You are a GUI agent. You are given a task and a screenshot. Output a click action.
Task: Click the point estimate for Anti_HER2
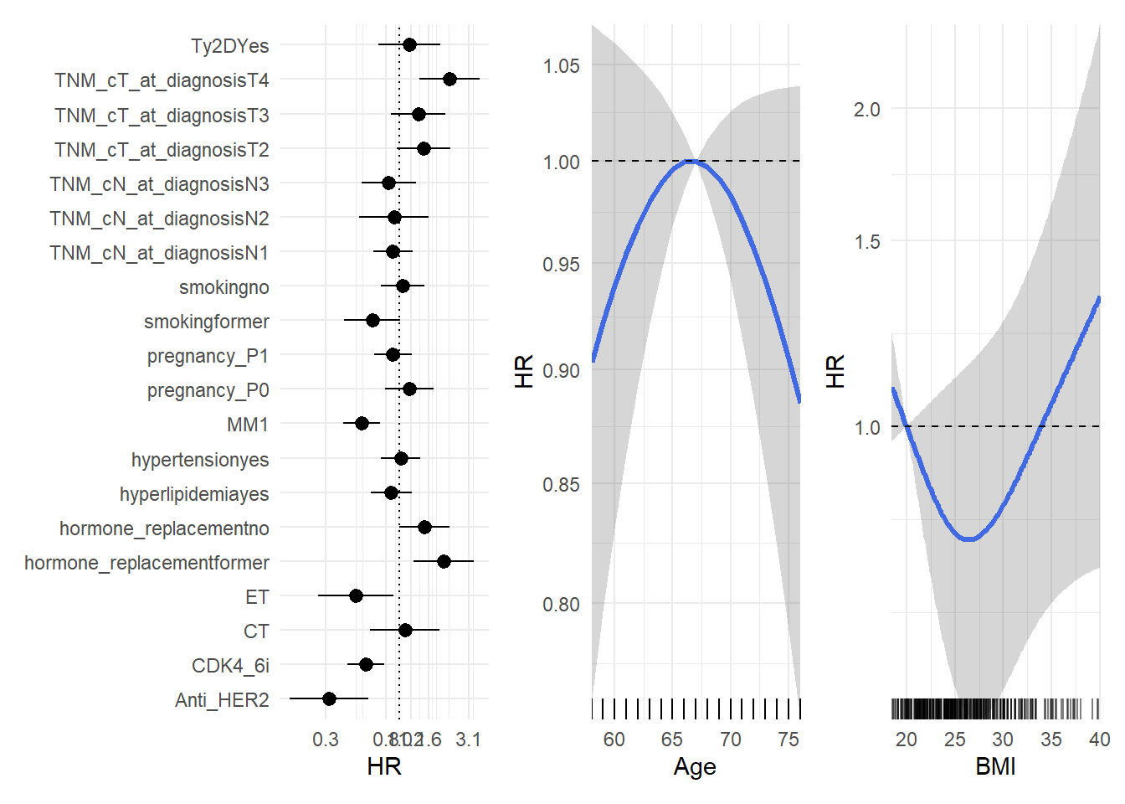click(329, 698)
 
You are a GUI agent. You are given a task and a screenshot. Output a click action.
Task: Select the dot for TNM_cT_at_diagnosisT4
click(449, 79)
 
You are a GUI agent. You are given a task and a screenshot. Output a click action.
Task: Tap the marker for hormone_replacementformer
click(444, 561)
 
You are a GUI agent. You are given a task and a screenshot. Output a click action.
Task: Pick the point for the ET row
click(356, 595)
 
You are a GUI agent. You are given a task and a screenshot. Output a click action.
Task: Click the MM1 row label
click(248, 425)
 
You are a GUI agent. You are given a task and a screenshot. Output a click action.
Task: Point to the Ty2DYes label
click(229, 46)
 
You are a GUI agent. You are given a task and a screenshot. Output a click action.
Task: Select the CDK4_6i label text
click(230, 666)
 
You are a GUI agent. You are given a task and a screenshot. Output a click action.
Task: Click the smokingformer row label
click(206, 322)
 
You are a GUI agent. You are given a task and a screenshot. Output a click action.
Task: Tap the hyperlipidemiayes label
click(194, 494)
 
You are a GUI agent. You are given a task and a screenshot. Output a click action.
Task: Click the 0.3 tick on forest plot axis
click(326, 740)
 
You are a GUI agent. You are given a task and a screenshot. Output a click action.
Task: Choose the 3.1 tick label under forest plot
click(469, 740)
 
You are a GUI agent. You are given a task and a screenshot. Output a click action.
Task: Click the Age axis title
click(695, 767)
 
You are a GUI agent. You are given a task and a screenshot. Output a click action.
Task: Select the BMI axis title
click(995, 767)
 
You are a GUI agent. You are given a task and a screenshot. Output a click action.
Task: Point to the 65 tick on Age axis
click(672, 740)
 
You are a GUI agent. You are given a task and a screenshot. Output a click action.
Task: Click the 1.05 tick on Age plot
click(561, 66)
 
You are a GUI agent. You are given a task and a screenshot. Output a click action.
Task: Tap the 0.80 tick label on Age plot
click(561, 605)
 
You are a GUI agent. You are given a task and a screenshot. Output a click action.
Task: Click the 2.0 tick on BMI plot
click(867, 110)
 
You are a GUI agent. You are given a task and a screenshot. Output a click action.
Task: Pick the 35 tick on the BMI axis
click(1051, 740)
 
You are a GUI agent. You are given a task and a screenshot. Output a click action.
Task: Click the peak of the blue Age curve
click(693, 161)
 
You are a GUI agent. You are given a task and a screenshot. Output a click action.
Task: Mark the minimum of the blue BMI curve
click(969, 539)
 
